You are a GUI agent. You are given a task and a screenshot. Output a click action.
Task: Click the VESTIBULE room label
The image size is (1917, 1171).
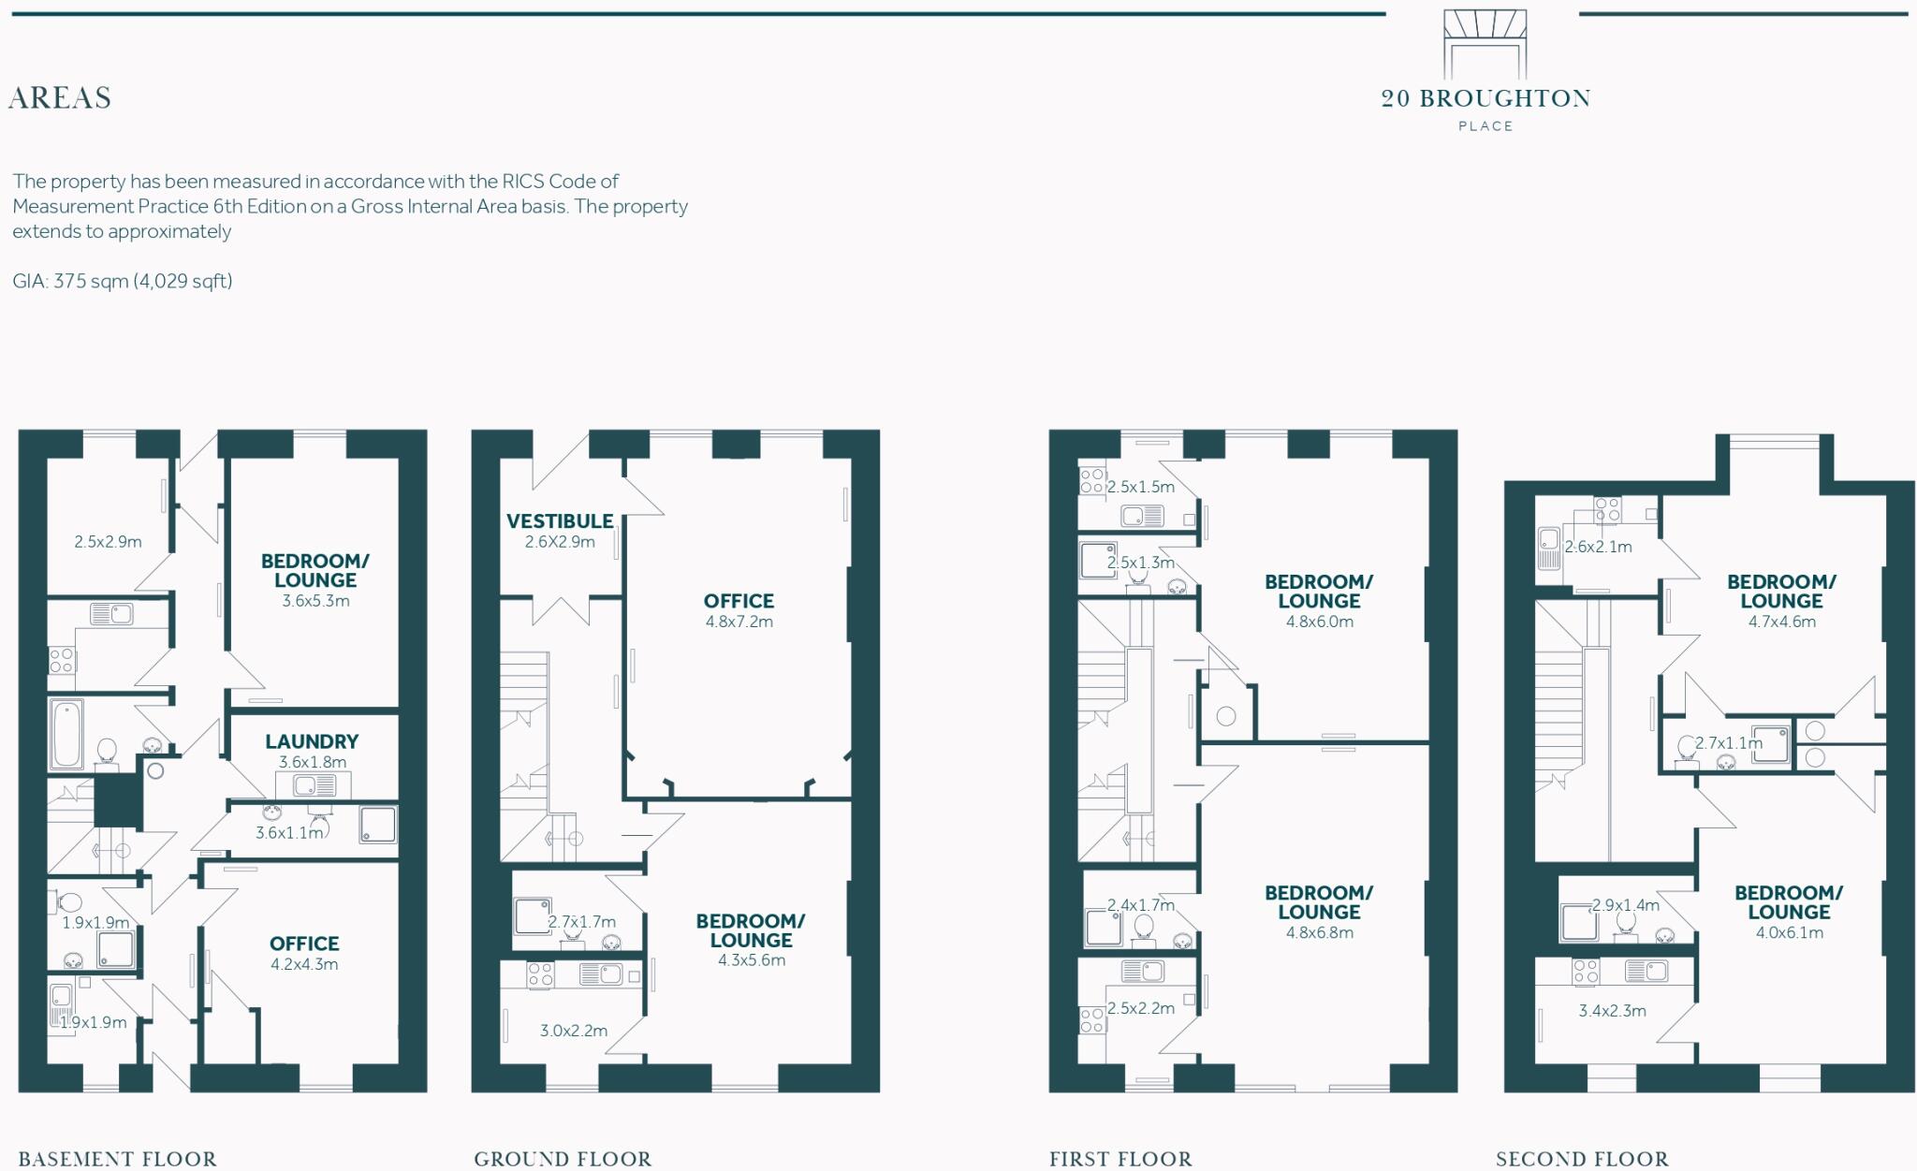560,521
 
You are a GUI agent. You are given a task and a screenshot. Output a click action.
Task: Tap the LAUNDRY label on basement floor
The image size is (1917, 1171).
312,741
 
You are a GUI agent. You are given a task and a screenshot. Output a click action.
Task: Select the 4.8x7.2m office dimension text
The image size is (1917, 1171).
739,622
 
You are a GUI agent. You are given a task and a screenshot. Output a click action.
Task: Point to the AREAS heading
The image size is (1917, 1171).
60,98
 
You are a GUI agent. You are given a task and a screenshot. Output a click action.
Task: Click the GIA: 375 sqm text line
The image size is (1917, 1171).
123,281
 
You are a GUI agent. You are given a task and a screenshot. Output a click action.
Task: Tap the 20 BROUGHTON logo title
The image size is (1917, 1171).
1485,99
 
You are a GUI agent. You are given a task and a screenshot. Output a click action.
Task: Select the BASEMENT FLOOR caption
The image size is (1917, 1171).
117,1159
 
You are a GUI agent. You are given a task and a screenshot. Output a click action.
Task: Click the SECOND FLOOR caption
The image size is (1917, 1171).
1582,1159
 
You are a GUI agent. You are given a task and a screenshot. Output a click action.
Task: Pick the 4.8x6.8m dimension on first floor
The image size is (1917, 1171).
1319,932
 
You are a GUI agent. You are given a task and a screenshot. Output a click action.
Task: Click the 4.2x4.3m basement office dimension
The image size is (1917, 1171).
304,964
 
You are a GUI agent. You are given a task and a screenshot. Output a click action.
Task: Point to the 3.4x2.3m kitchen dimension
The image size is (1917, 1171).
1612,1011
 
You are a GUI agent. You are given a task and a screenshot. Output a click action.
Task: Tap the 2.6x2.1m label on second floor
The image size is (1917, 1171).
1598,547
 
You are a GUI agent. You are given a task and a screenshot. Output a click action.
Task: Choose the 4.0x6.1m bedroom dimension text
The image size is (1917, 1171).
1789,932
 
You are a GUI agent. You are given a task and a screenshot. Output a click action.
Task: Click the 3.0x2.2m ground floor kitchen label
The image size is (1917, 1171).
574,1031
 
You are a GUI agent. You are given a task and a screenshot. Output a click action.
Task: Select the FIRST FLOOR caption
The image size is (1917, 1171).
1120,1159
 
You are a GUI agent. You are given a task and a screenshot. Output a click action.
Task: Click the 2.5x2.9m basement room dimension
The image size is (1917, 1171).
108,542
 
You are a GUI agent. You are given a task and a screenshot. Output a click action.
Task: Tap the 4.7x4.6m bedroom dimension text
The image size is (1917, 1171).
1781,622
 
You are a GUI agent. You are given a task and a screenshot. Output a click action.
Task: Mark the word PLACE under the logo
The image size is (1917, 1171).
1485,126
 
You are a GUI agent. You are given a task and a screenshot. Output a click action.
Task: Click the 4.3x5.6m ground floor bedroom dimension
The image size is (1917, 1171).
752,959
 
